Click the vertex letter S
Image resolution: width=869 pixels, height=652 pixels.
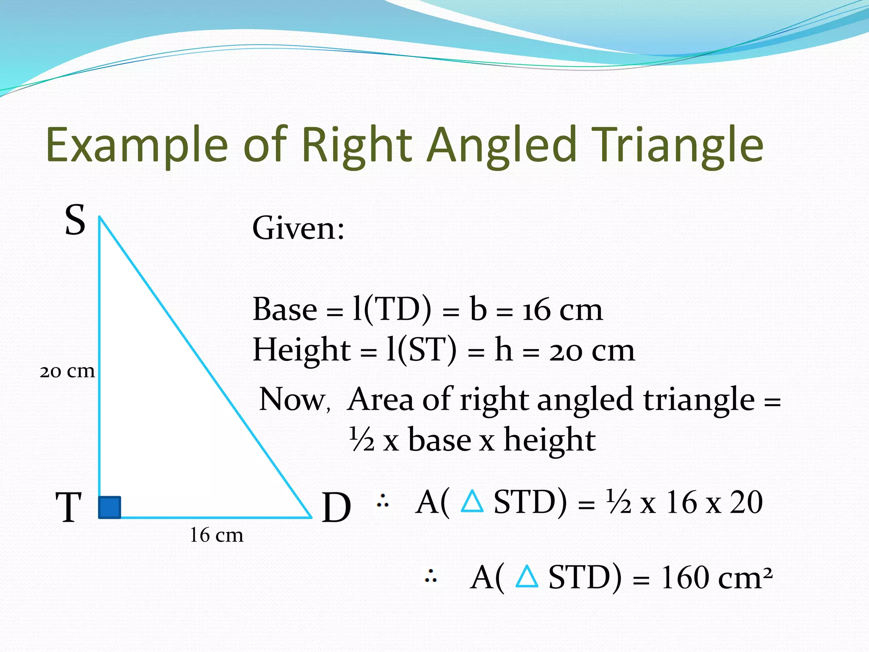click(75, 220)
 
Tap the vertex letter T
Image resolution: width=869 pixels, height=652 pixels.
click(68, 508)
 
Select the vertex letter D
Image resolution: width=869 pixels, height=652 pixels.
click(336, 508)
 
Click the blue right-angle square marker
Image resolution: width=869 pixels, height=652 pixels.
click(109, 507)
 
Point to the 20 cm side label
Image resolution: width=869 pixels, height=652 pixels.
click(67, 371)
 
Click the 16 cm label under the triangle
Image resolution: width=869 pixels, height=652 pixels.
click(216, 535)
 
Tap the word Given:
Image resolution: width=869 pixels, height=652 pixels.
click(298, 228)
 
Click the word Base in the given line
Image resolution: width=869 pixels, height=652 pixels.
click(285, 309)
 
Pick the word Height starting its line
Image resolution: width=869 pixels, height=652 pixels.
click(301, 350)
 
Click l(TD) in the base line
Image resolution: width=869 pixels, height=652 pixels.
click(392, 309)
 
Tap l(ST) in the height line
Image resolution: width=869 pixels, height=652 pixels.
click(421, 350)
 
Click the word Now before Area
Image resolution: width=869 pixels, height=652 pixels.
click(293, 399)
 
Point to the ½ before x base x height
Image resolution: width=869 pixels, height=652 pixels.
click(362, 440)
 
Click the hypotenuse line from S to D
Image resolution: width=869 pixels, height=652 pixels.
click(205, 367)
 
